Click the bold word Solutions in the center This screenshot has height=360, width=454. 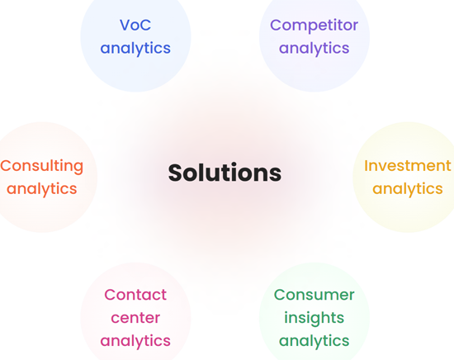coord(225,173)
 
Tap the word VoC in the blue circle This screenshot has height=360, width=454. coord(135,25)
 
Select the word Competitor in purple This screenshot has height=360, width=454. coord(314,26)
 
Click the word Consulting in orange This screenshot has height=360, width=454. coord(42,167)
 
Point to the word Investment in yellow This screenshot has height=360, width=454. coord(408,166)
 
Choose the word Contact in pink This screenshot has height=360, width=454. coord(135,295)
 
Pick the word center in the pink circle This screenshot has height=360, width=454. coord(135,318)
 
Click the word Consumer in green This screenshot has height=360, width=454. coord(314,295)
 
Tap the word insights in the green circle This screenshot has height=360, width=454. coord(314,319)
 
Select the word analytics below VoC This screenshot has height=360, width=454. coord(135,49)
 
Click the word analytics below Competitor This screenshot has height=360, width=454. coord(314,49)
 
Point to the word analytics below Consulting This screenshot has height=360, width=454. coord(42,189)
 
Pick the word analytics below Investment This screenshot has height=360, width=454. coord(408,189)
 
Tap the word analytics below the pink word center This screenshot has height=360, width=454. coord(135,341)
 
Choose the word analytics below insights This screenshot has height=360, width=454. coord(314,341)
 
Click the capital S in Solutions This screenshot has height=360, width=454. coord(176,173)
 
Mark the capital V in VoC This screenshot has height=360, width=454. coord(125,25)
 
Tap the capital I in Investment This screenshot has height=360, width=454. coord(366,166)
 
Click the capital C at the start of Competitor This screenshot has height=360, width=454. coord(276,25)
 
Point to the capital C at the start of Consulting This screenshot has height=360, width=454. coord(6,166)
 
